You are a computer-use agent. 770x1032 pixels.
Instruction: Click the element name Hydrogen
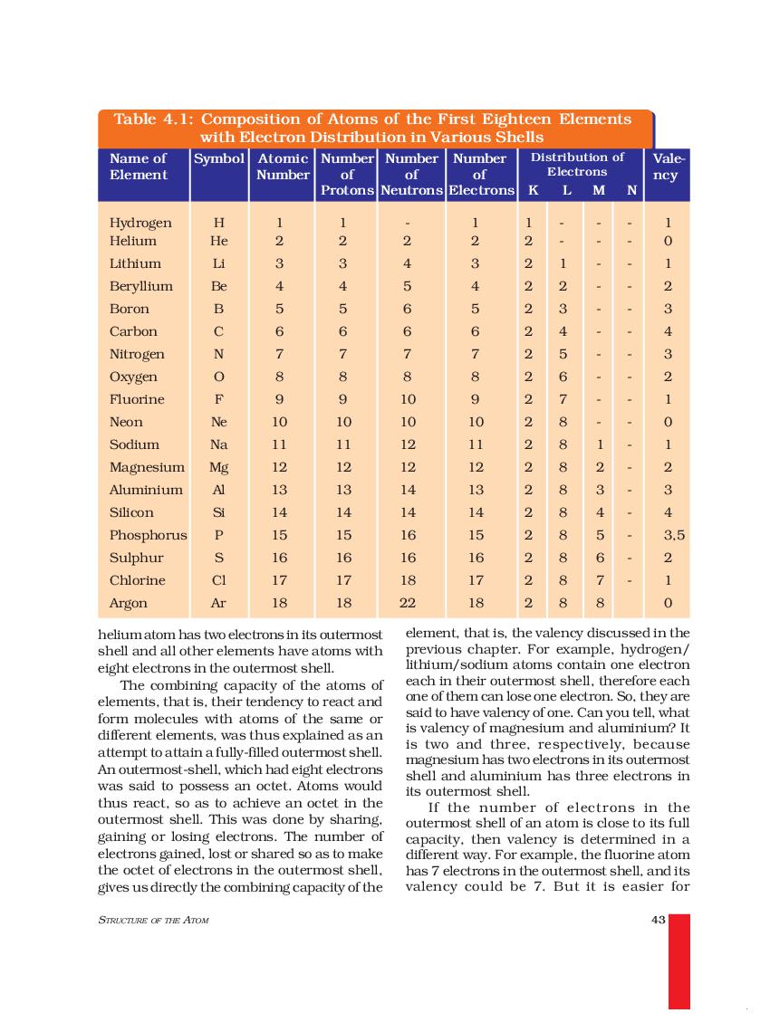(140, 223)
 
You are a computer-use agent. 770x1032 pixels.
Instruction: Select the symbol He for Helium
(218, 241)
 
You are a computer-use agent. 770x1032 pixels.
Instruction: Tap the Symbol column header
(218, 158)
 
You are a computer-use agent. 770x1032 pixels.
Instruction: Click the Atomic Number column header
(283, 167)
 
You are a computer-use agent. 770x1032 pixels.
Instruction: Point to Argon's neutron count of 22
(408, 603)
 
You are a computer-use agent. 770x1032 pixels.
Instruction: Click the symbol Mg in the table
(218, 467)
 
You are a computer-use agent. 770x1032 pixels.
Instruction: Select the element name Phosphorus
(148, 535)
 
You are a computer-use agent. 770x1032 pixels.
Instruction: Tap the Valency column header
(666, 167)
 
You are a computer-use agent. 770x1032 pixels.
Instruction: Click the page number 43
(659, 921)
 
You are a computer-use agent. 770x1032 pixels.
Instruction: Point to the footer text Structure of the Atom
(152, 921)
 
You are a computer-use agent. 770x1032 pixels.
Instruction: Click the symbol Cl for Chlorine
(218, 580)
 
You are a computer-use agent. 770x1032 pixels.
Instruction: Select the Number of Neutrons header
(411, 175)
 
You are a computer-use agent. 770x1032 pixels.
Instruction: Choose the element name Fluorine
(137, 399)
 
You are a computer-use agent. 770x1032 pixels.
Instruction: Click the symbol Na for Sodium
(218, 444)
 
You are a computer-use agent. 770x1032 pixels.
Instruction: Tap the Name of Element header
(138, 167)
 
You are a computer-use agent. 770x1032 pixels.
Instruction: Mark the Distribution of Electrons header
(577, 164)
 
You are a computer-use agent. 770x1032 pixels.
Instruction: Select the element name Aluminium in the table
(146, 490)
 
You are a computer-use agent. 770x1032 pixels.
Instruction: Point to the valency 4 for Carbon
(667, 331)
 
